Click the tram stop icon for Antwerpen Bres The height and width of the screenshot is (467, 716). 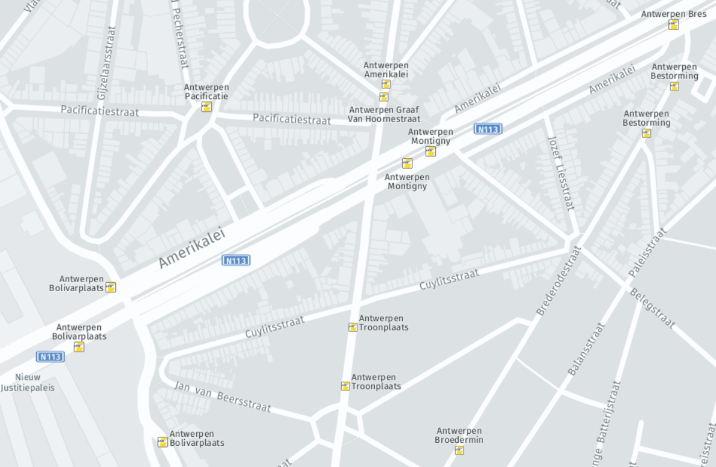coord(674,25)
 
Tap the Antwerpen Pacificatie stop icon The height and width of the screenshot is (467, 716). coord(206,107)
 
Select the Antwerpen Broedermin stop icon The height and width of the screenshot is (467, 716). coord(459,450)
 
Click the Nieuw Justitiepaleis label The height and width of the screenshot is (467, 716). coord(28,382)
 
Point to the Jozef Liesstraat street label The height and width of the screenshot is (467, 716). coord(561,172)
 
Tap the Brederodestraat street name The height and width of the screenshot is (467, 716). coord(558,280)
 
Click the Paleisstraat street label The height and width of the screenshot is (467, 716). coord(647,253)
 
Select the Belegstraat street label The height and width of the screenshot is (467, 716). coord(652,308)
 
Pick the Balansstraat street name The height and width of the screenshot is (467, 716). coord(586,349)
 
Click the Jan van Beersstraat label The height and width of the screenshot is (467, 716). coord(222,396)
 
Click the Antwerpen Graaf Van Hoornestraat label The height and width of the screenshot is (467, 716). coord(384,114)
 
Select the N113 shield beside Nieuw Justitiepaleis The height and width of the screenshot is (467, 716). coord(50,356)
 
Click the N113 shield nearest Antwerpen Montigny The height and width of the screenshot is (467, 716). coord(488,129)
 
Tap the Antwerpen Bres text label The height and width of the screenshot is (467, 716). coord(673,14)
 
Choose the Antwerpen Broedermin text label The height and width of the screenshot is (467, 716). coord(459,436)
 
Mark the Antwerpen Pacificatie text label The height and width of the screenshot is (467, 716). coord(206,92)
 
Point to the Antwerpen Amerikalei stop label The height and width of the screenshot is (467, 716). coord(386,69)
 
